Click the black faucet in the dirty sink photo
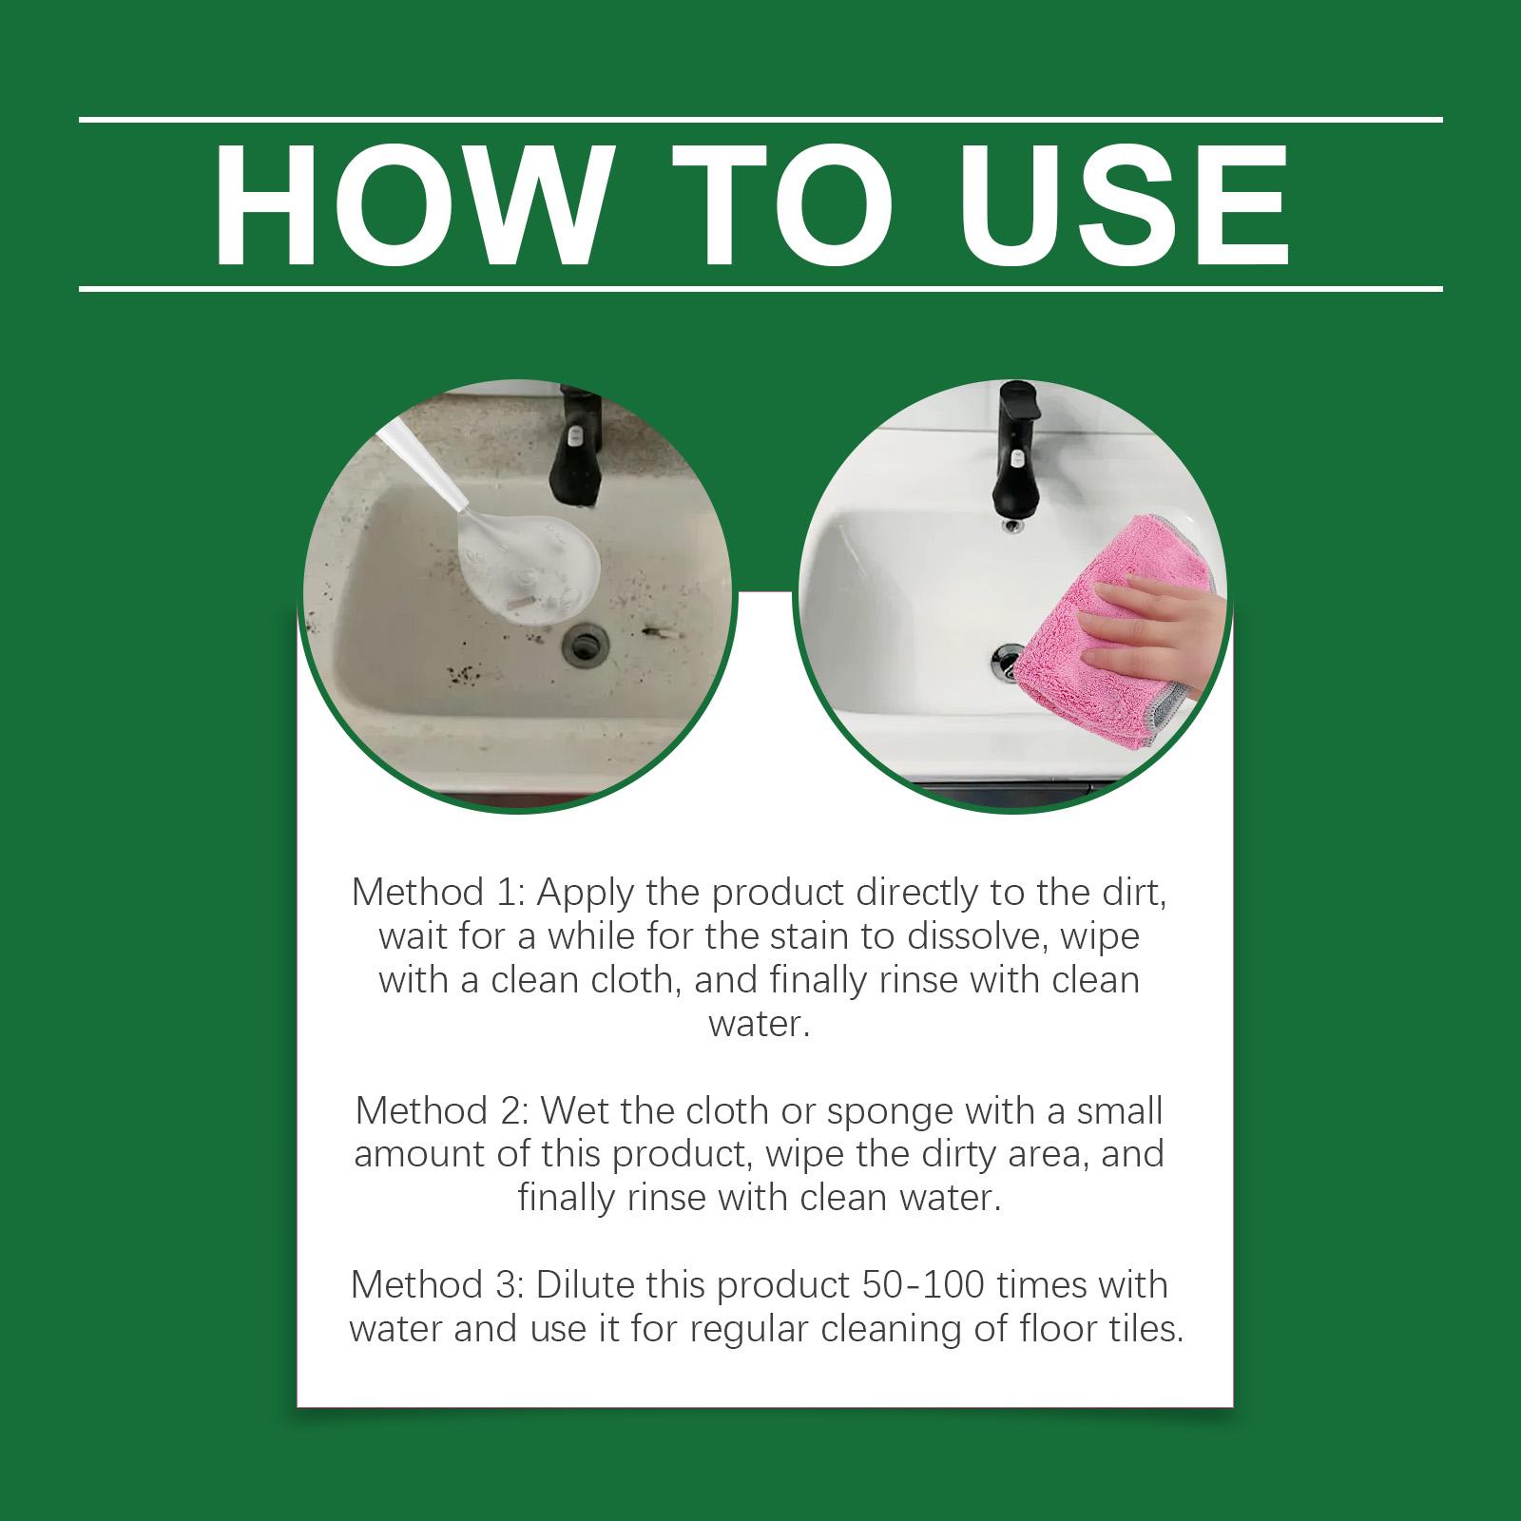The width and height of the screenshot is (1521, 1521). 577,446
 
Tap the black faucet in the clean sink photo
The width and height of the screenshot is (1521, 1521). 1017,446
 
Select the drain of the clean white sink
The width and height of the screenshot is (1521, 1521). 1008,656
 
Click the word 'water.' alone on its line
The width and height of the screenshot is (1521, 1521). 760,1024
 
